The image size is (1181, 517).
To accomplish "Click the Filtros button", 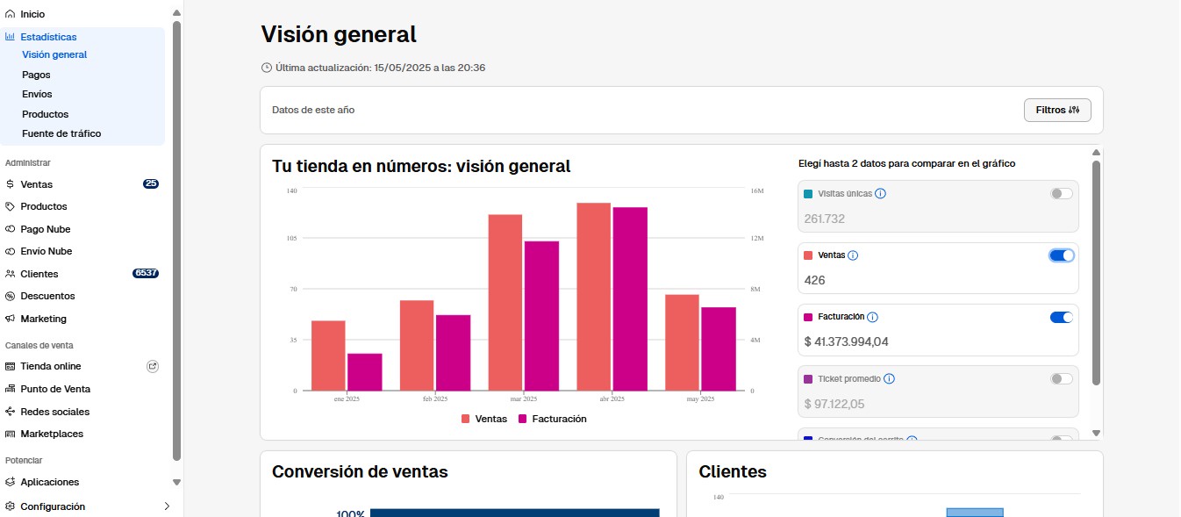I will (1056, 111).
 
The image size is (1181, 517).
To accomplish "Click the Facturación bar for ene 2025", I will (364, 372).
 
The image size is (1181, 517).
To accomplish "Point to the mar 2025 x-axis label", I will (523, 399).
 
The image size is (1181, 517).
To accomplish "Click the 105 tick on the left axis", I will (292, 239).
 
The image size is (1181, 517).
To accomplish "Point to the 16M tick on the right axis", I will (756, 190).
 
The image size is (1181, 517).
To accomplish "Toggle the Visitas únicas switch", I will (1061, 193).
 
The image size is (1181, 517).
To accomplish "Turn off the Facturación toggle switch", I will (1061, 317).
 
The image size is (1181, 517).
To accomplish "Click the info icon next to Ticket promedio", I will (889, 379).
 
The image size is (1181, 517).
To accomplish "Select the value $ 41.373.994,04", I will (846, 342).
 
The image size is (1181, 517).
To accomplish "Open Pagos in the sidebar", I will (36, 75).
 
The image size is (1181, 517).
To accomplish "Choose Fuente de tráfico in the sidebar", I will (61, 133).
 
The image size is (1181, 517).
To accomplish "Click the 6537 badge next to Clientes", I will (146, 274).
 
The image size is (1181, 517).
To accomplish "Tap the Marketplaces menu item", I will (52, 434).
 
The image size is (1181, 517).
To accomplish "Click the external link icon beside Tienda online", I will (153, 366).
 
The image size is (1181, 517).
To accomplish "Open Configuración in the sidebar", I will (53, 506).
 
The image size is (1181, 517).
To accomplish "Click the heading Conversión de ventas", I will (360, 471).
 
